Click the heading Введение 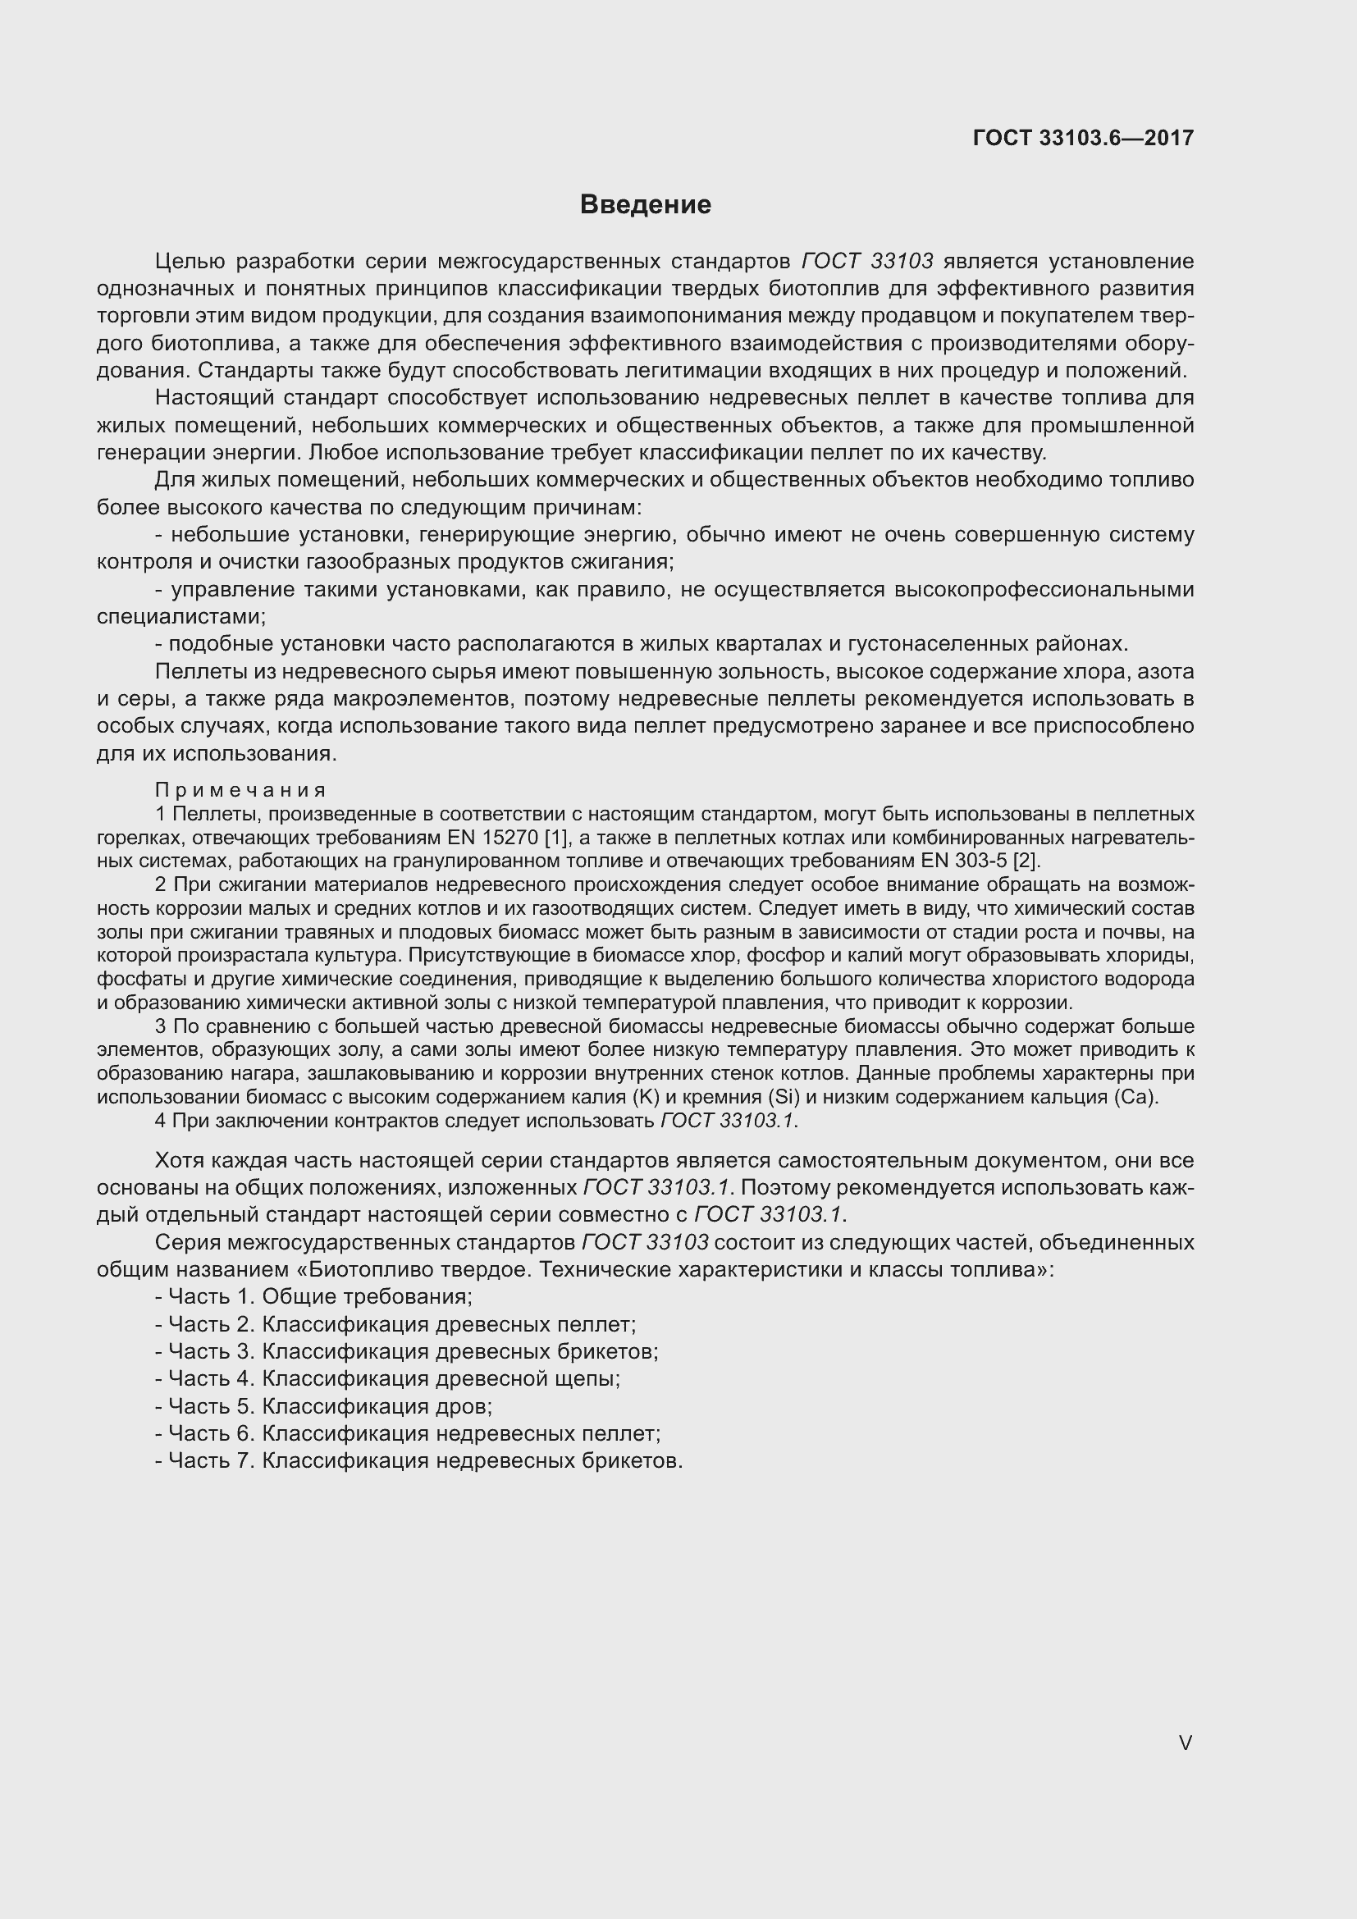[x=645, y=205]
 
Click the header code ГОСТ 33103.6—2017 [x=1083, y=138]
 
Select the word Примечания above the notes [x=240, y=790]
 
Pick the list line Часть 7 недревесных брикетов [x=418, y=1460]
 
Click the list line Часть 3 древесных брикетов [x=407, y=1350]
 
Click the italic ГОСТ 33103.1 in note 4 [x=727, y=1121]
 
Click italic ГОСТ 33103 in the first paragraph [x=866, y=261]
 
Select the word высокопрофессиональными [x=1044, y=589]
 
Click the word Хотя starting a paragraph [x=179, y=1160]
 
